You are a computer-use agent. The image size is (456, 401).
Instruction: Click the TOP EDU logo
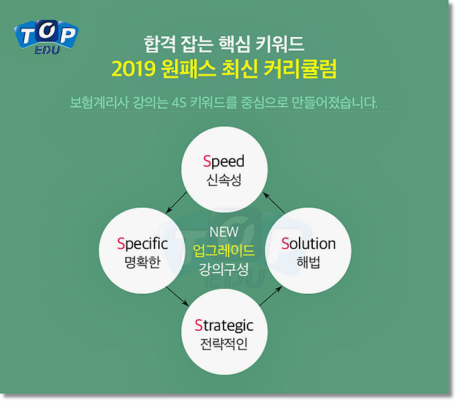click(46, 37)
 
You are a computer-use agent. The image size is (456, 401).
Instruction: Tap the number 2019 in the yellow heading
click(134, 69)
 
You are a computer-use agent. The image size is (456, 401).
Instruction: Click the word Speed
click(224, 162)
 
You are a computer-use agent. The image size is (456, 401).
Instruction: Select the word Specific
click(142, 244)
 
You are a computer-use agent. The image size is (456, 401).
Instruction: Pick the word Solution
click(308, 244)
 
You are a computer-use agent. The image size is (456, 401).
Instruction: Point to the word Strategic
click(224, 326)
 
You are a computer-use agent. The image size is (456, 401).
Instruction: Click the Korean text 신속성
click(224, 180)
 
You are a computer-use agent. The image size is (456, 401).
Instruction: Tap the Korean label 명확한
click(142, 262)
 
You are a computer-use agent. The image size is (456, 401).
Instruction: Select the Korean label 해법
click(308, 262)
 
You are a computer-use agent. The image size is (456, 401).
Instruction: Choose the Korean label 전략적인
click(224, 344)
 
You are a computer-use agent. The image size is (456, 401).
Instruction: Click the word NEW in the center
click(224, 232)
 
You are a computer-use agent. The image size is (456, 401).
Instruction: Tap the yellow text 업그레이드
click(224, 250)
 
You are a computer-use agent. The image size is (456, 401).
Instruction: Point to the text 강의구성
click(224, 269)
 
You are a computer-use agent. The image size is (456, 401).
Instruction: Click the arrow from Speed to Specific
click(176, 202)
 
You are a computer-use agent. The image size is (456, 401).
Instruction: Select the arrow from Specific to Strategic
click(177, 296)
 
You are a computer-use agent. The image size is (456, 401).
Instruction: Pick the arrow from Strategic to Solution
click(270, 296)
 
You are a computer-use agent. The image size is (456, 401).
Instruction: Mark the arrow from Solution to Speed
click(274, 203)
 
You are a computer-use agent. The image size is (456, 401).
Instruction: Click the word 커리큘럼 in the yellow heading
click(300, 68)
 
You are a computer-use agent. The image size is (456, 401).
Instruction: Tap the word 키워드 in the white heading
click(280, 44)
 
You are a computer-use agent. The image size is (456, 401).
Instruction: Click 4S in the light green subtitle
click(179, 103)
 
